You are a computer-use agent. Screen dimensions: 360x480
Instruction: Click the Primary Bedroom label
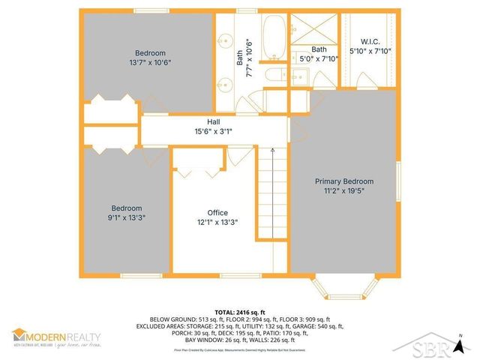[343, 181]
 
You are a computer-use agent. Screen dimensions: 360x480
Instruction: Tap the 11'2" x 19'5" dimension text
[343, 191]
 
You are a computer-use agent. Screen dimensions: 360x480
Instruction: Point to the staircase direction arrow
[274, 151]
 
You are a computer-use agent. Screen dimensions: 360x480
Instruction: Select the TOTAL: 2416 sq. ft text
[239, 310]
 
